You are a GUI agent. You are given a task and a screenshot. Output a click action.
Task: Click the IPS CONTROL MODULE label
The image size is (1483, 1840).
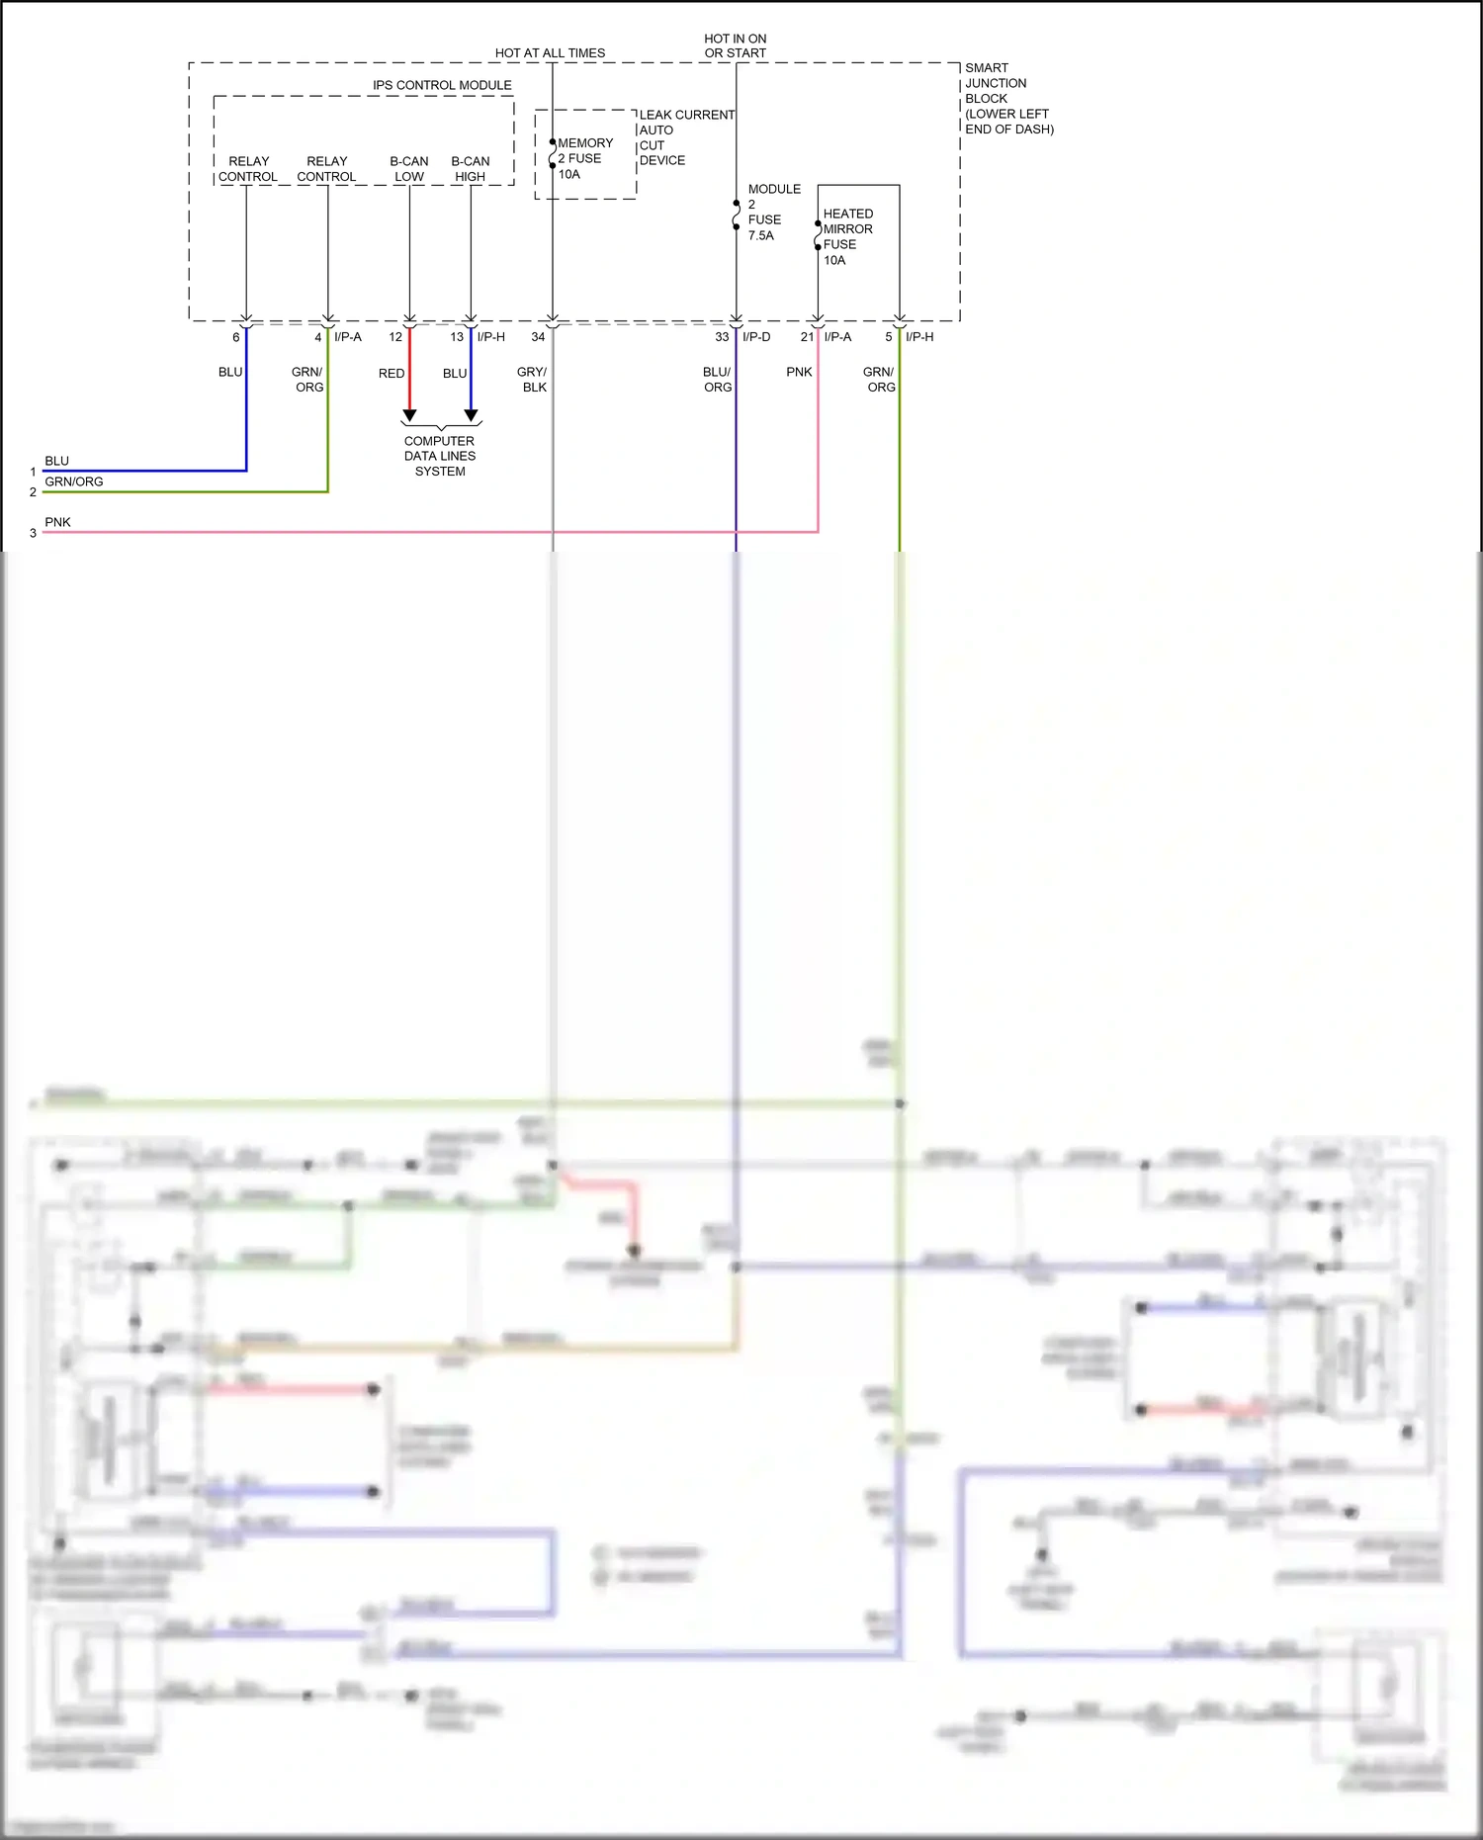[442, 85]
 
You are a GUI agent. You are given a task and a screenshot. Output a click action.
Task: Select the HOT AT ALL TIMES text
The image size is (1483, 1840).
[550, 53]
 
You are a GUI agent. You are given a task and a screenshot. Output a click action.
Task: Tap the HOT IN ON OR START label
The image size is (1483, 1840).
[735, 45]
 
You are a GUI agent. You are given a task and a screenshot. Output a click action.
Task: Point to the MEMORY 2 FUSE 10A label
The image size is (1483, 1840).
[583, 158]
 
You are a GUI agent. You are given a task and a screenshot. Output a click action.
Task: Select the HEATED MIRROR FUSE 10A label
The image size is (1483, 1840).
[847, 236]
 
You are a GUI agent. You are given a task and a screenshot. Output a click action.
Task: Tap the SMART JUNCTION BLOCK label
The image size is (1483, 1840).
[1008, 98]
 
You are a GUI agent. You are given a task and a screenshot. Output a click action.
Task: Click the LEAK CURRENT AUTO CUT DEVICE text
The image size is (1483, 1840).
[685, 137]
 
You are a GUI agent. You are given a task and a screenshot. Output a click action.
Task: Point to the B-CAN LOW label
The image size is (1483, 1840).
[409, 169]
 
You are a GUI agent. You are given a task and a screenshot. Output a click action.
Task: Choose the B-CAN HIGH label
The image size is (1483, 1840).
[471, 169]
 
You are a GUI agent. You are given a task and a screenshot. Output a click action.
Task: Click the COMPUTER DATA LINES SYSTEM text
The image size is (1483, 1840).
[440, 456]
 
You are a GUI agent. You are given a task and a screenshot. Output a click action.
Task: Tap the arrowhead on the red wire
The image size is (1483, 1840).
[409, 415]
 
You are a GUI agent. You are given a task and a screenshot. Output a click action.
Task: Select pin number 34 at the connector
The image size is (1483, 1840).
[538, 337]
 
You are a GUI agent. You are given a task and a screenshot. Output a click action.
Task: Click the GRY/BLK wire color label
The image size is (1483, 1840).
[533, 380]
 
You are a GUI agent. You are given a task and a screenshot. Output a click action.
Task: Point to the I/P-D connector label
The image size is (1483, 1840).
[756, 337]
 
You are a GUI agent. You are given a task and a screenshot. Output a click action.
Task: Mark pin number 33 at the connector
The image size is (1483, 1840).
[722, 337]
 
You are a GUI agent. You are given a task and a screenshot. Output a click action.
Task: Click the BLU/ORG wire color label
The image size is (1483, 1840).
[717, 380]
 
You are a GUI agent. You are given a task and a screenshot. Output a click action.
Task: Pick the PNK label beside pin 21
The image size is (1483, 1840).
[799, 372]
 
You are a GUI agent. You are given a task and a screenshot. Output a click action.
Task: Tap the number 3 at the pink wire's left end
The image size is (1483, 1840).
[33, 533]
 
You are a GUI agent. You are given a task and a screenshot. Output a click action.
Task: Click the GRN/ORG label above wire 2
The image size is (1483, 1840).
[74, 482]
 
